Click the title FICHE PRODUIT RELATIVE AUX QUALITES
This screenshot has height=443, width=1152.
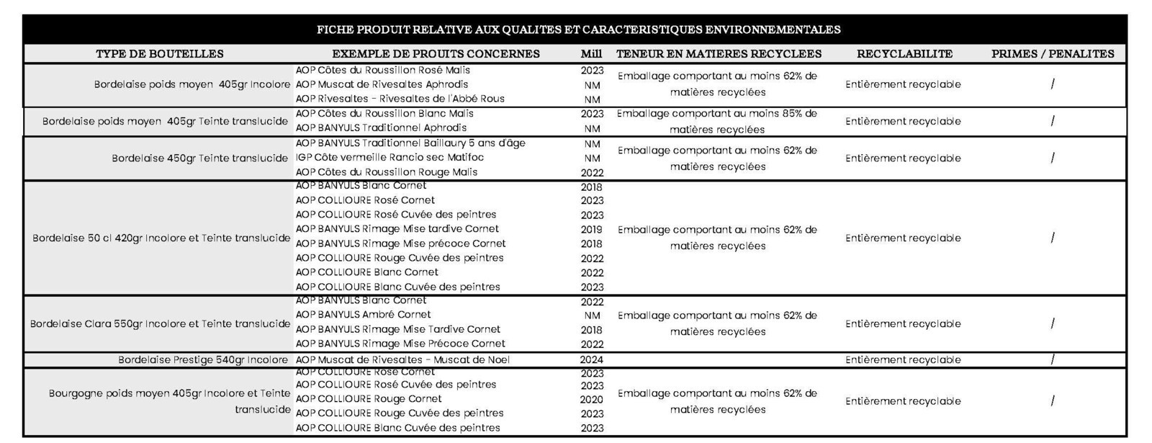pos(579,30)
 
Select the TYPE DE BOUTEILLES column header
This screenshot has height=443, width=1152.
pos(159,54)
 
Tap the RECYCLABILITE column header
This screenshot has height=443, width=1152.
pos(904,54)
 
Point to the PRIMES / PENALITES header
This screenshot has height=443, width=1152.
pos(1053,54)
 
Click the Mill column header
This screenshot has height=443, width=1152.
pos(591,54)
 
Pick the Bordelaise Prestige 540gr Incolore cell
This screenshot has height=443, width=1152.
pos(203,359)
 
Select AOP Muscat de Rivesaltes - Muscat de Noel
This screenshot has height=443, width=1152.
pos(402,359)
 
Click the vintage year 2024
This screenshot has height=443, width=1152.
pos(591,359)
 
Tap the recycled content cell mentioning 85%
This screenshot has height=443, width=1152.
pos(717,122)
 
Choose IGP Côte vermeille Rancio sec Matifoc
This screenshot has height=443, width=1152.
pos(390,158)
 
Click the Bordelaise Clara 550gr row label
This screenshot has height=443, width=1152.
pos(160,323)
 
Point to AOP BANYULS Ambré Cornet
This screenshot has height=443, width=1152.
pos(363,314)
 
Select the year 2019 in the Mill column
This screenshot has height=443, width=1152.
pos(591,230)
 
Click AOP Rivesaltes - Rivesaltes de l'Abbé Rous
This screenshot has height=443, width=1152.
pos(400,99)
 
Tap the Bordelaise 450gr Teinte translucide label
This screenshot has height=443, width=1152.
pos(200,158)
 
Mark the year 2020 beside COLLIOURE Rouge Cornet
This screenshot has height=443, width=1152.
pos(591,399)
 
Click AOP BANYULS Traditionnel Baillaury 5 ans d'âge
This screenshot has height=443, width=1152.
pos(410,143)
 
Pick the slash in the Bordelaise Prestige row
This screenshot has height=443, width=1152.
pos(1053,359)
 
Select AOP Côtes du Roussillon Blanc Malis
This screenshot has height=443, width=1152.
pos(384,113)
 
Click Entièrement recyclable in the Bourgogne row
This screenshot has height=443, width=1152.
pos(903,401)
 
